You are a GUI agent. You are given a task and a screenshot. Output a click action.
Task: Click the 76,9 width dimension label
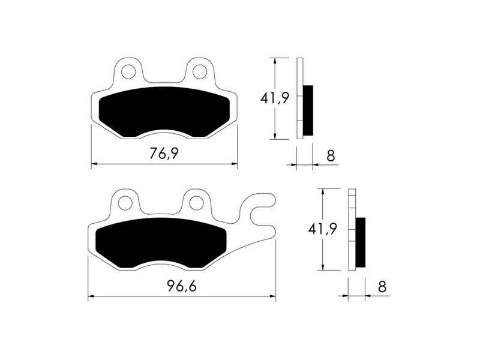pyautogui.click(x=164, y=154)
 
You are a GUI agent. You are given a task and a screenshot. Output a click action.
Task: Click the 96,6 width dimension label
pyautogui.click(x=182, y=286)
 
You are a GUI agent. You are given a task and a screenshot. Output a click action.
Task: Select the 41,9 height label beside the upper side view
pyautogui.click(x=275, y=98)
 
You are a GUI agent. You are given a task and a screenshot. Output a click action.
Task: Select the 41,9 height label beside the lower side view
pyautogui.click(x=323, y=229)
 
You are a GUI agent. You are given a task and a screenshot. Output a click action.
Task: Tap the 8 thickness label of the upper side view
pyautogui.click(x=331, y=155)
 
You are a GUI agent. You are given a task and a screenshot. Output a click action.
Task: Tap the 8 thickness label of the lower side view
pyautogui.click(x=382, y=287)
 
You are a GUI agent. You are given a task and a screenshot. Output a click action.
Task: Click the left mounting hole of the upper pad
pyautogui.click(x=128, y=72)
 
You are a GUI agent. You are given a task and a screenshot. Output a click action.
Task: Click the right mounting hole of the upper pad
pyautogui.click(x=200, y=71)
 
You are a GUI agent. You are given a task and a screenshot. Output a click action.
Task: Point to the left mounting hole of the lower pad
pyautogui.click(x=125, y=203)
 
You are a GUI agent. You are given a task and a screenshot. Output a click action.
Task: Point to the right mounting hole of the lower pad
pyautogui.click(x=196, y=203)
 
